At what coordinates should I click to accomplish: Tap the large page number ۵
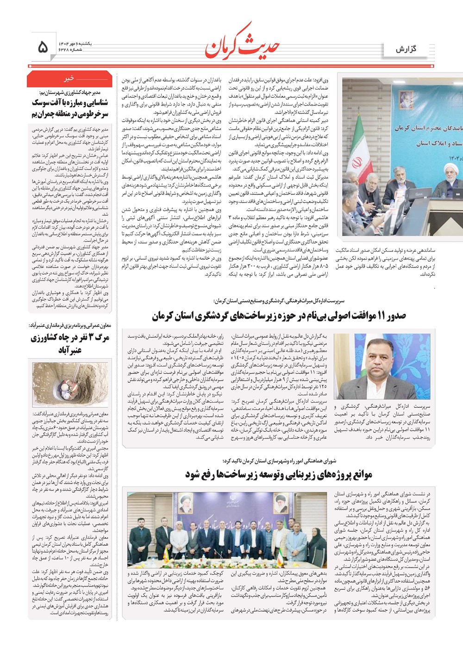[x=43, y=46]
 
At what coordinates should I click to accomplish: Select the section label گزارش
[x=406, y=49]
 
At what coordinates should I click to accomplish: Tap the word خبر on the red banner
[x=69, y=79]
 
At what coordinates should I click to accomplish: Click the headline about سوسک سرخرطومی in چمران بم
[x=69, y=108]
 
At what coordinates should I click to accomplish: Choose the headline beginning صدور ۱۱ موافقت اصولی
[x=279, y=316]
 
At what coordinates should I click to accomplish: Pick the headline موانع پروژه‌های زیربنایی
[x=279, y=475]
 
